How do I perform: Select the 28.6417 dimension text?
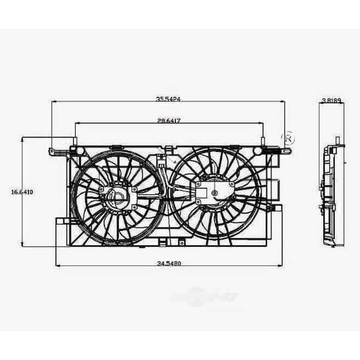[x=169, y=121]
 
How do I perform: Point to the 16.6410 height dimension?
[x=22, y=193]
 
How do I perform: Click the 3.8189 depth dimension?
[x=331, y=101]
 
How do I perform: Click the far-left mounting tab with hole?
[x=53, y=150]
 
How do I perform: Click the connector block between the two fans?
[x=161, y=161]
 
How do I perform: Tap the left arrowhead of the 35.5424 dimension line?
[x=54, y=102]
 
